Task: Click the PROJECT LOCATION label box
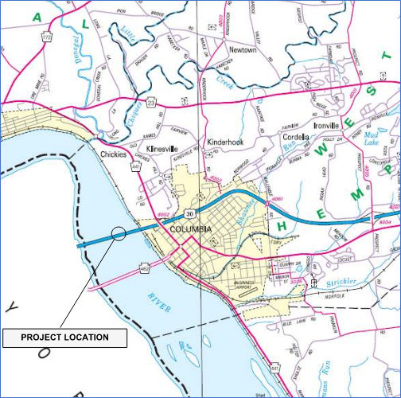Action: [x=64, y=338]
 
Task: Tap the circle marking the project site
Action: [x=119, y=233]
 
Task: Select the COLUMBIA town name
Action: [x=191, y=229]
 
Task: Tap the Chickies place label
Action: [x=114, y=155]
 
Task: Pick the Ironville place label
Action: [x=327, y=126]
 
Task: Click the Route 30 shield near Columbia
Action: [x=189, y=213]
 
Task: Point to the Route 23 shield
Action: [x=152, y=101]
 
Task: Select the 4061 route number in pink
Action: [x=278, y=198]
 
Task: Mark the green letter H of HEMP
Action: [x=283, y=226]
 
